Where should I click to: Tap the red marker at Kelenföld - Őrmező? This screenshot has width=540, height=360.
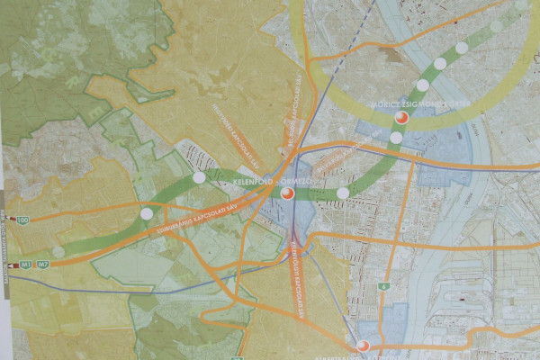click(287, 193)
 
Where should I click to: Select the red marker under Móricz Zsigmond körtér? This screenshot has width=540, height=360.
click(401, 118)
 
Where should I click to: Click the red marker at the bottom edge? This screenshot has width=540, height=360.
click(363, 346)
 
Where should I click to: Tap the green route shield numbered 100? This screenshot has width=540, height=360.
click(22, 220)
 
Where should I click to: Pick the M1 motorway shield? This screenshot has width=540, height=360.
click(26, 265)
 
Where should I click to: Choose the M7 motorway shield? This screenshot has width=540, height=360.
click(42, 265)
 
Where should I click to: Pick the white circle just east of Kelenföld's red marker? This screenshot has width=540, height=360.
click(342, 193)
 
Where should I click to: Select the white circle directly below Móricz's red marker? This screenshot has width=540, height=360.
click(396, 138)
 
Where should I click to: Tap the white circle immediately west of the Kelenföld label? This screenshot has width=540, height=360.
click(199, 178)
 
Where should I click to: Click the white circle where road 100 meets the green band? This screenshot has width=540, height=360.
click(146, 213)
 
